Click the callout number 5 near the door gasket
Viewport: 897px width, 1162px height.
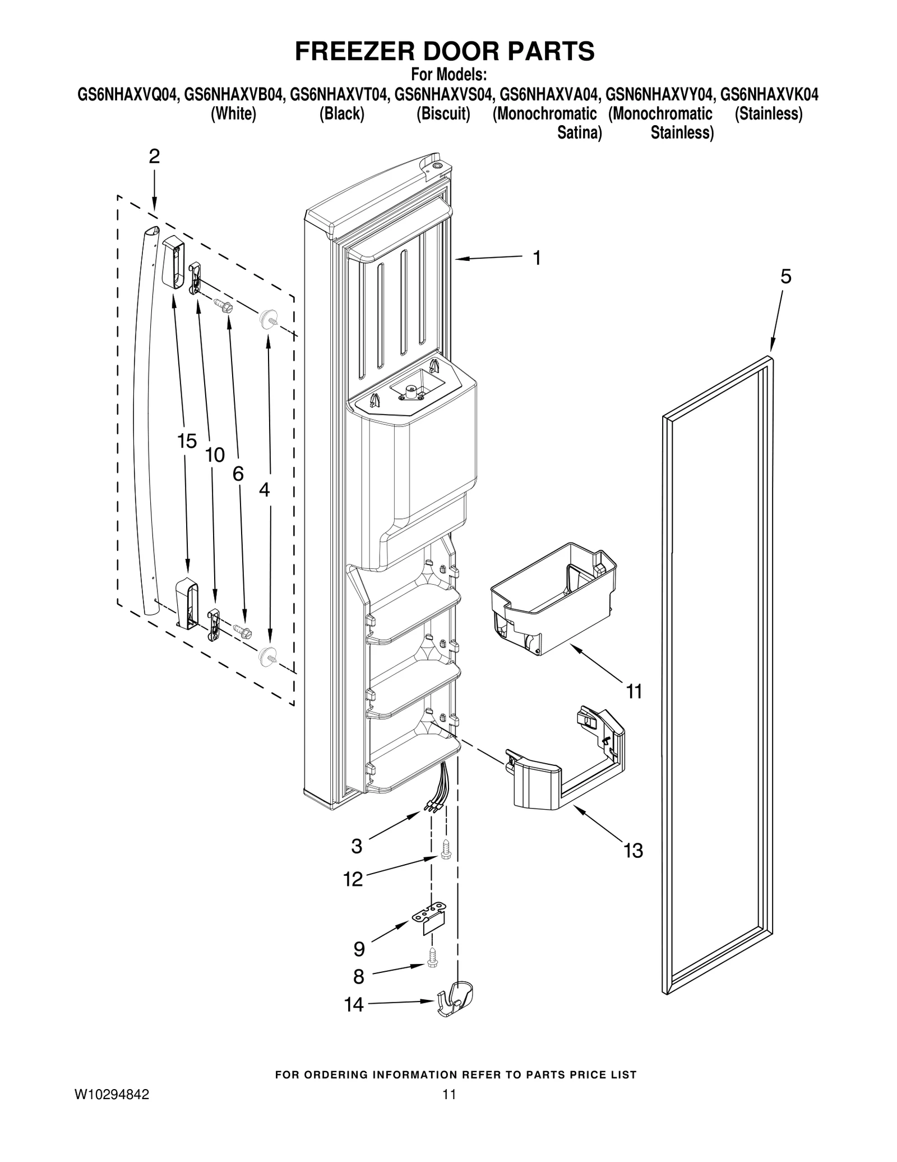point(785,277)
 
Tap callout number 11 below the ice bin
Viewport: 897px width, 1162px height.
point(634,692)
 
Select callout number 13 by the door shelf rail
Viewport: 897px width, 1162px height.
point(633,851)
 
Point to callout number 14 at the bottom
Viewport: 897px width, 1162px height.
point(354,1004)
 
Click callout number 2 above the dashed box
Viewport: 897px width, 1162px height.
point(154,157)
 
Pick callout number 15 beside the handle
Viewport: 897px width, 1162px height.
point(187,441)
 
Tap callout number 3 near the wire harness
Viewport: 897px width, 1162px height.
point(357,846)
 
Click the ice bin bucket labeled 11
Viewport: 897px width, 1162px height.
point(552,598)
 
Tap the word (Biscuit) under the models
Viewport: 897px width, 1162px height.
point(443,114)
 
